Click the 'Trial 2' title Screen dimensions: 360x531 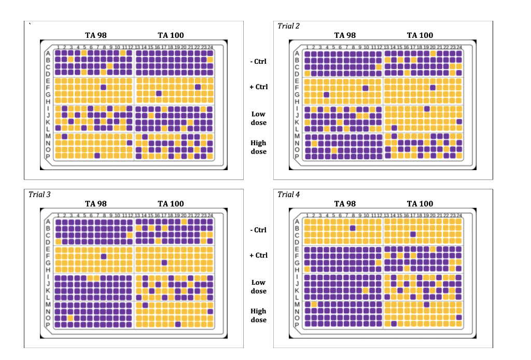tap(289, 26)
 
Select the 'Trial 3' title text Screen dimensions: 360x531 tap(39, 195)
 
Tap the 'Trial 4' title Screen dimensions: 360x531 tap(289, 195)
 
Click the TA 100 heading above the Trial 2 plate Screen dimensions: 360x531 tap(420, 35)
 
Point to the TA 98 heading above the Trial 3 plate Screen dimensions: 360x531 tap(96, 204)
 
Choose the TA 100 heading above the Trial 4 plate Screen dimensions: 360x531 tap(420, 204)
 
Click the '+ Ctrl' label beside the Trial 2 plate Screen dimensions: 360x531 tap(258, 87)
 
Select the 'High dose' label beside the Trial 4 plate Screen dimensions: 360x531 tap(258, 315)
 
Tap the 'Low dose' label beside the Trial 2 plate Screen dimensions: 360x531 tap(258, 118)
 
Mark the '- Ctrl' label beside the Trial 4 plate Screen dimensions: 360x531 tap(258, 230)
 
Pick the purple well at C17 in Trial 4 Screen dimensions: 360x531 tap(413, 234)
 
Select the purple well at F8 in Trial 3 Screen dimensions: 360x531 tap(104, 256)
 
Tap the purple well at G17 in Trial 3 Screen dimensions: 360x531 tap(164, 262)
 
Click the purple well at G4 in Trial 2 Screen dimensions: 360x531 tap(327, 94)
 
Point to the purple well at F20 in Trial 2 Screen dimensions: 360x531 tap(433, 88)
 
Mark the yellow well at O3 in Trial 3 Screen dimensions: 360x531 tap(71, 318)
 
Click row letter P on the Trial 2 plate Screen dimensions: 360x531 tap(297, 156)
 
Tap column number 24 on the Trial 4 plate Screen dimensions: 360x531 tap(459, 215)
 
